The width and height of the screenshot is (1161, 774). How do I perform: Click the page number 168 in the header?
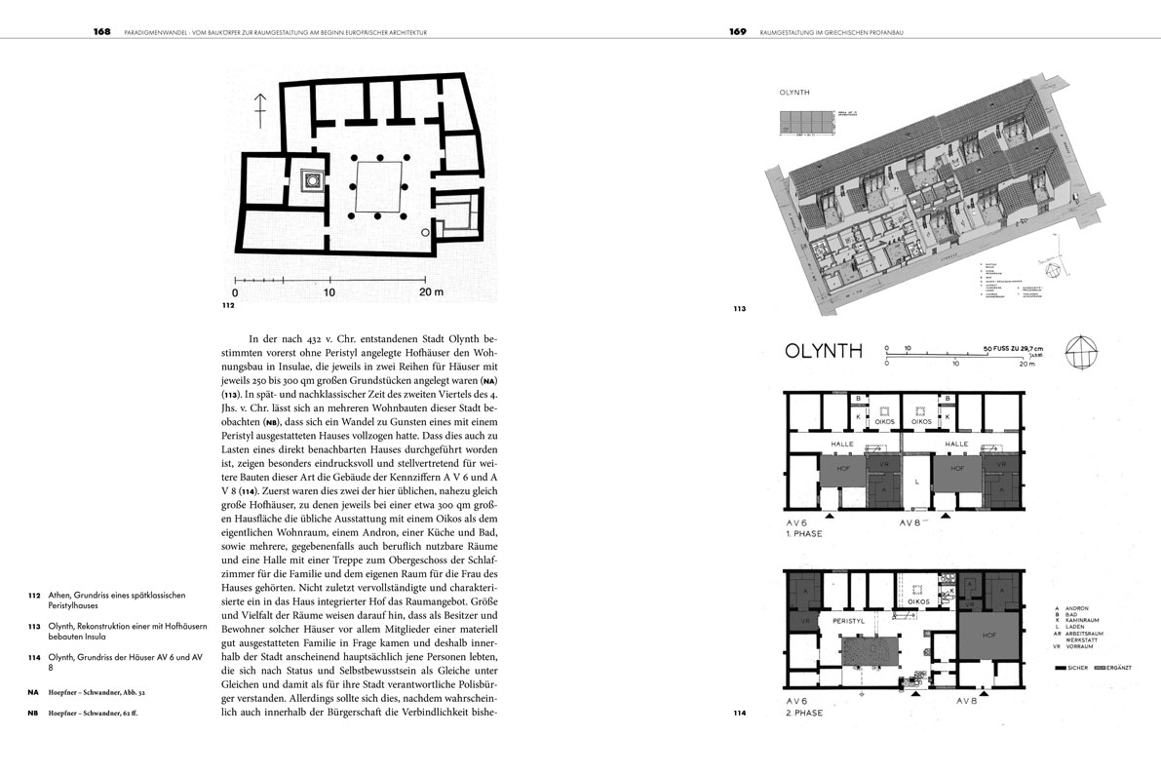[x=102, y=31]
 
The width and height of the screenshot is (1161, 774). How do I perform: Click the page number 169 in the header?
[x=737, y=31]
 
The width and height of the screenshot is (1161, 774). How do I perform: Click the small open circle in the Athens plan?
[x=424, y=233]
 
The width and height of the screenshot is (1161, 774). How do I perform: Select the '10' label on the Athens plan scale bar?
[x=329, y=291]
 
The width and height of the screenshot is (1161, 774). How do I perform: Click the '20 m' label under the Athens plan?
[x=430, y=291]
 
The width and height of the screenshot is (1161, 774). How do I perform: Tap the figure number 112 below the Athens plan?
[x=229, y=305]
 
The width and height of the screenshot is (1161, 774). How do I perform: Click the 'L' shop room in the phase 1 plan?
[x=917, y=482]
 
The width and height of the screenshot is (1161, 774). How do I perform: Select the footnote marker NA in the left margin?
[x=33, y=691]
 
